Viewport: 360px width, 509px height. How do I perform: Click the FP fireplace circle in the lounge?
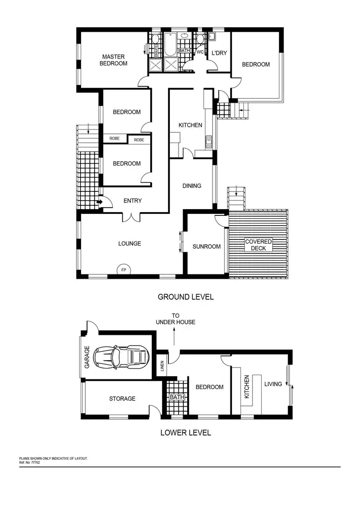pos(123,270)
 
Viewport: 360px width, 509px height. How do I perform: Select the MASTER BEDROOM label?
pos(113,60)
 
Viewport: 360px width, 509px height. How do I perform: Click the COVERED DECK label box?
pos(259,245)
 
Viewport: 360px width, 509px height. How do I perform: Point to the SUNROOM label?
pos(206,247)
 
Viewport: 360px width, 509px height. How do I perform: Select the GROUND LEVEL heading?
pos(186,297)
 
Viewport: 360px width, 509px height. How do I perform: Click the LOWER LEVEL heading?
pos(185,432)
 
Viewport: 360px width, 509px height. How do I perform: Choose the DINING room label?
pos(192,186)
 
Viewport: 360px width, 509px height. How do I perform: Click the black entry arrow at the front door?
pos(99,202)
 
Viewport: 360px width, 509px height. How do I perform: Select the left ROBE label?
pos(114,139)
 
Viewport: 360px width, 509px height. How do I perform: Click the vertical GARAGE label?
pos(87,357)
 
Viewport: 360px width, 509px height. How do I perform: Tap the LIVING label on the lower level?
pos(273,384)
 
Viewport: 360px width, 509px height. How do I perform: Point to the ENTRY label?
pos(132,201)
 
